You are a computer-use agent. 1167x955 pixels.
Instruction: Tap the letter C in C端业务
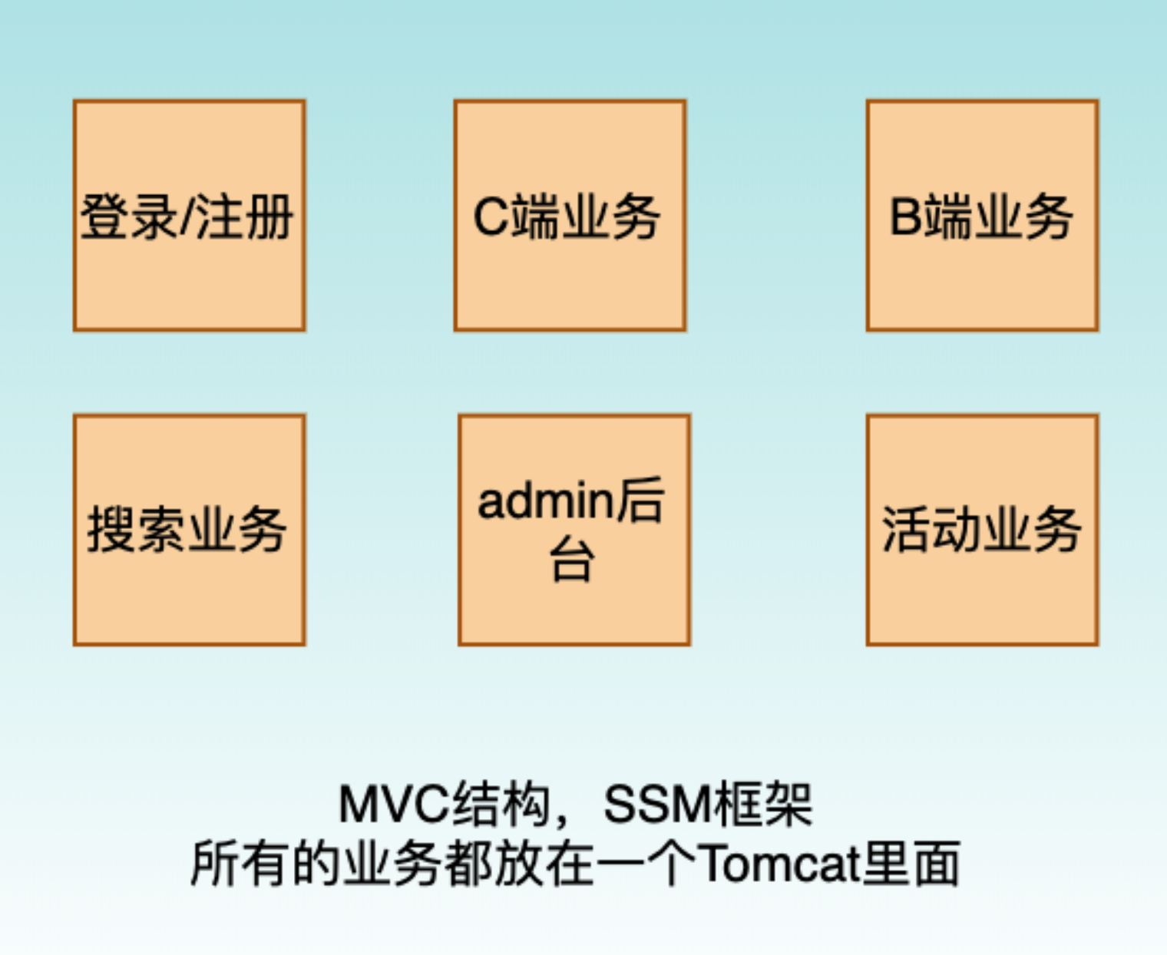tap(491, 217)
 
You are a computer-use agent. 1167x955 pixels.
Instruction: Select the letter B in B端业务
tap(904, 217)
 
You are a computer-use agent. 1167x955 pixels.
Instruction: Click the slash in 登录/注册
tap(187, 217)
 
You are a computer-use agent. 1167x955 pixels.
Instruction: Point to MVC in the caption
tap(394, 805)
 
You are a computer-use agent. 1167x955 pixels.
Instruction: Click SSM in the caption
tap(656, 805)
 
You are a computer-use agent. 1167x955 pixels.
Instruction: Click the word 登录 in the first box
tap(129, 217)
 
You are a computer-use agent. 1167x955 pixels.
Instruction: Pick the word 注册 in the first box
tap(244, 217)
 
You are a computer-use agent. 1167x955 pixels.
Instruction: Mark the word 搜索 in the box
tap(137, 530)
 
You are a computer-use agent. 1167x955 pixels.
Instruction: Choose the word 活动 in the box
tap(931, 530)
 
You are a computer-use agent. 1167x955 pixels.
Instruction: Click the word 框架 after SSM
tap(762, 805)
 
